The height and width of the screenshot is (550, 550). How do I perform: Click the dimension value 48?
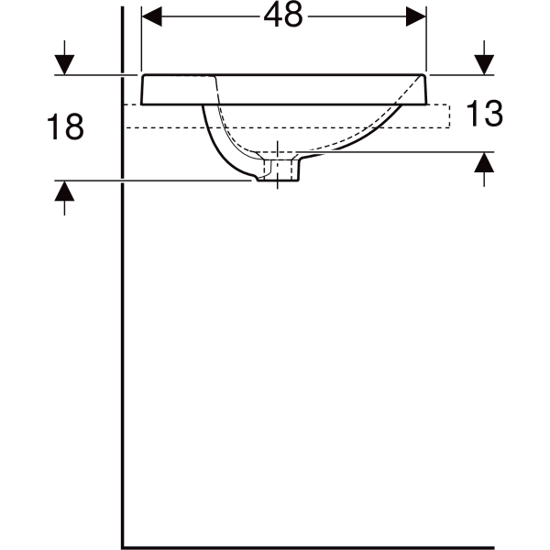pos(284,16)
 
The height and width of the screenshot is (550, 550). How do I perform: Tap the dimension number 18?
pos(65,127)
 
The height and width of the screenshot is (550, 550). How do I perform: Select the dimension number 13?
pos(484,114)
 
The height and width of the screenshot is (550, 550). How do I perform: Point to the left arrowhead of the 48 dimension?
pos(151,16)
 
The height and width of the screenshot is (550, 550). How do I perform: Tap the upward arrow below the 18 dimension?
pos(64,192)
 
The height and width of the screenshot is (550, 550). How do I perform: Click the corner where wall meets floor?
pos(123,547)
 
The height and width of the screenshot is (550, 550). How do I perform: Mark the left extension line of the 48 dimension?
pos(140,37)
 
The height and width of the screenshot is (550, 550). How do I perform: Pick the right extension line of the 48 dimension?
pos(428,37)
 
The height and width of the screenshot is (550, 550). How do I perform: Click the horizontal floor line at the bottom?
pos(330,547)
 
